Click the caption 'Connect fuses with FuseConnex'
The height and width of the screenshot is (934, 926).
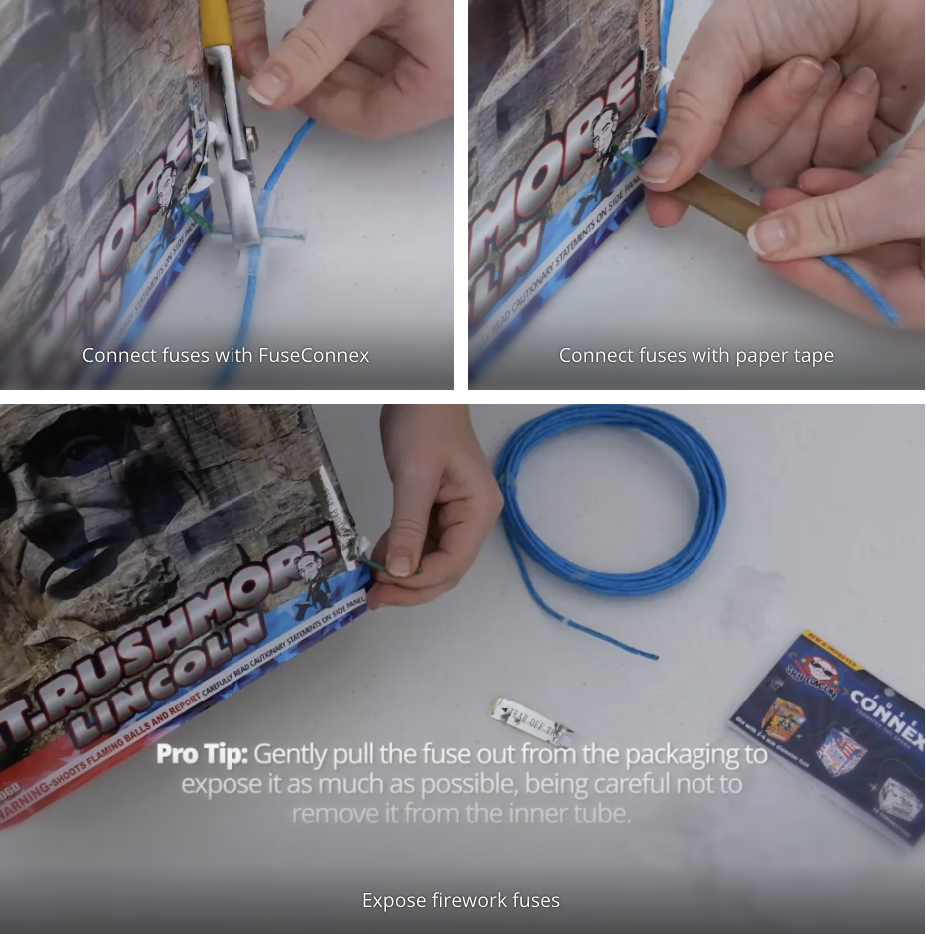point(226,356)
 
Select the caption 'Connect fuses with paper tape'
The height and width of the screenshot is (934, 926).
point(695,356)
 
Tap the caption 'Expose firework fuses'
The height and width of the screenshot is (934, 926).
point(461,901)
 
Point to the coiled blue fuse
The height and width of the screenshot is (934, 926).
point(611,499)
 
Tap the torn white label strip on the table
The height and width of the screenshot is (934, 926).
point(529,720)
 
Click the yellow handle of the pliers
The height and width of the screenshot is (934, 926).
point(216,22)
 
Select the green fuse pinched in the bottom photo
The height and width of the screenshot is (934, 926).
point(377,568)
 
